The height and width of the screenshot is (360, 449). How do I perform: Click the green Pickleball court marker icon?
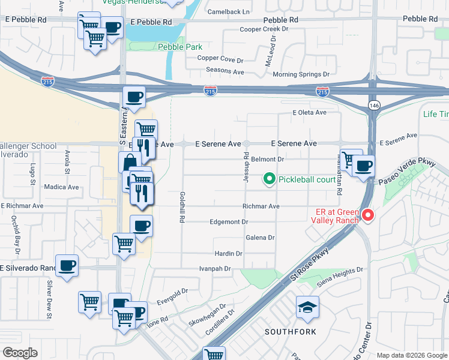[270, 179]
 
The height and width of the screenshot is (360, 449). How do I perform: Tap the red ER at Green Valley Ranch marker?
[367, 215]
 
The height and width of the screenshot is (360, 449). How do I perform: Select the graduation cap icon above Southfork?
[307, 308]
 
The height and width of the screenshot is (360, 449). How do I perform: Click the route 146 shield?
[372, 106]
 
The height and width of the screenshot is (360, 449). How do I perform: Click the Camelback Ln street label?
[228, 11]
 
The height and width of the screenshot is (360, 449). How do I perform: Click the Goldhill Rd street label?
[181, 208]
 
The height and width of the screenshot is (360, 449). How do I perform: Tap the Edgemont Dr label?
[229, 221]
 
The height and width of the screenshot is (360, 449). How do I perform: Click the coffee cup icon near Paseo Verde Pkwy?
[363, 166]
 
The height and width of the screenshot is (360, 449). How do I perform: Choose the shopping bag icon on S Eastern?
[130, 162]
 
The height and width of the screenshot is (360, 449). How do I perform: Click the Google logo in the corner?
[20, 353]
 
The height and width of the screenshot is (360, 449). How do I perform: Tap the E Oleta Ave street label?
[309, 112]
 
